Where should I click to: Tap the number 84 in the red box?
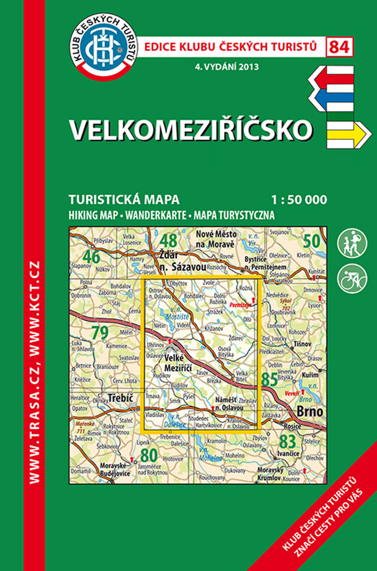tap(340, 47)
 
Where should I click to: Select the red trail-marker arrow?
tap(332, 78)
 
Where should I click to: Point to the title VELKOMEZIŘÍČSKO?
tap(190, 129)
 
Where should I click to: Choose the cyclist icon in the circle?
tap(352, 278)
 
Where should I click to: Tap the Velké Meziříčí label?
tap(179, 363)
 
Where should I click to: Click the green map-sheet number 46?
tap(92, 257)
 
